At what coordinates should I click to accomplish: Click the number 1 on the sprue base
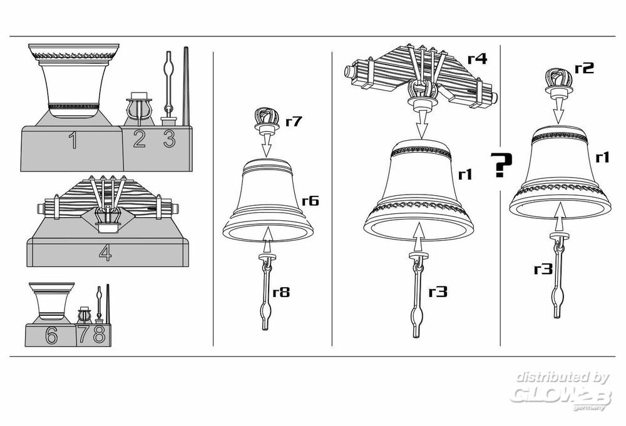tap(73, 140)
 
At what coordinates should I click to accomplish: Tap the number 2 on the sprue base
tap(140, 139)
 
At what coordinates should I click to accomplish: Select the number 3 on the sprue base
tap(169, 139)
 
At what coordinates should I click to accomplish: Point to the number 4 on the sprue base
tap(105, 253)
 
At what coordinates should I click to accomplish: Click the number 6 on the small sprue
tap(51, 335)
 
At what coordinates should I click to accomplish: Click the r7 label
tap(294, 121)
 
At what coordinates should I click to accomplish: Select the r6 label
tap(310, 200)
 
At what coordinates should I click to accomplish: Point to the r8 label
tap(281, 292)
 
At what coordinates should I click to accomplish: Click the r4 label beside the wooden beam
tap(478, 59)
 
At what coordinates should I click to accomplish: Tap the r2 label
tap(584, 68)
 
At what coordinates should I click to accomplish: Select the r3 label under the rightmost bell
tap(543, 269)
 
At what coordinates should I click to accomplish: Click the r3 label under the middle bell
tap(438, 292)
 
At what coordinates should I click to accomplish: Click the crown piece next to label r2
tap(558, 83)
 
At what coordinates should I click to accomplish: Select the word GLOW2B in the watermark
tap(560, 394)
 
